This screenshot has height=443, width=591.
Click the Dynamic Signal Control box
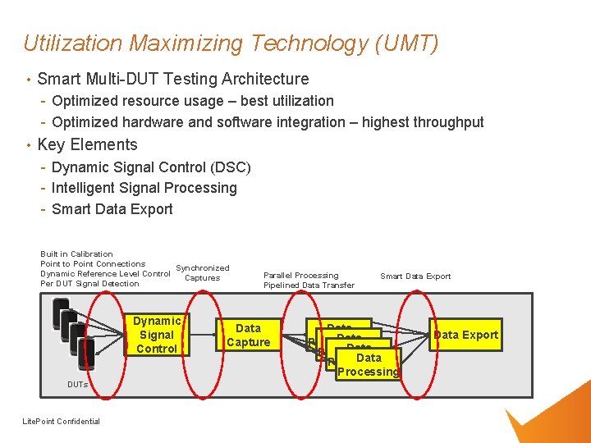(157, 335)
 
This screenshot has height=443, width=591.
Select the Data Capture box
(248, 335)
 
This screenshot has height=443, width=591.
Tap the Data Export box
(465, 335)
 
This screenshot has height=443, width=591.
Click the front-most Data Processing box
(369, 365)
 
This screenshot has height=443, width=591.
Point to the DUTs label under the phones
(78, 384)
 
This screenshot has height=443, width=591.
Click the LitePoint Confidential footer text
(62, 422)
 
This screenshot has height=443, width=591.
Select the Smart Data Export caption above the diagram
(415, 276)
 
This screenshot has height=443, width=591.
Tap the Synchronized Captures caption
(203, 273)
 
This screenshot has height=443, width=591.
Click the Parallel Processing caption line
(300, 276)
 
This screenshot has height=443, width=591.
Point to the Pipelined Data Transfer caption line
(309, 285)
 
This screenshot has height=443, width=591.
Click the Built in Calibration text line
(76, 254)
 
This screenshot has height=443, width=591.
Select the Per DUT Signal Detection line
(89, 284)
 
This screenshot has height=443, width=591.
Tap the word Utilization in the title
(73, 43)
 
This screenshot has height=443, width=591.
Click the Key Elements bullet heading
(87, 144)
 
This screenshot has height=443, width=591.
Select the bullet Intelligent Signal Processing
(144, 188)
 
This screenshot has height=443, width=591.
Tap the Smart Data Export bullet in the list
(112, 209)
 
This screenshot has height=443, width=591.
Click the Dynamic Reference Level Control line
(105, 274)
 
